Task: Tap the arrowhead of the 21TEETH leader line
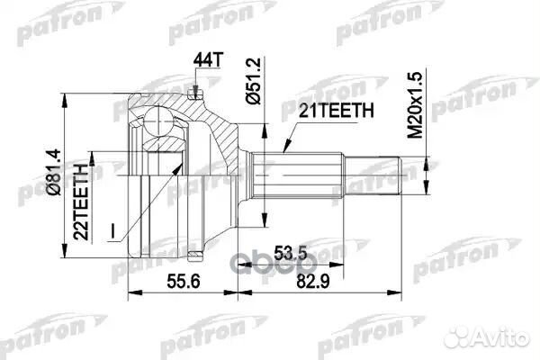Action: (x=282, y=150)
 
